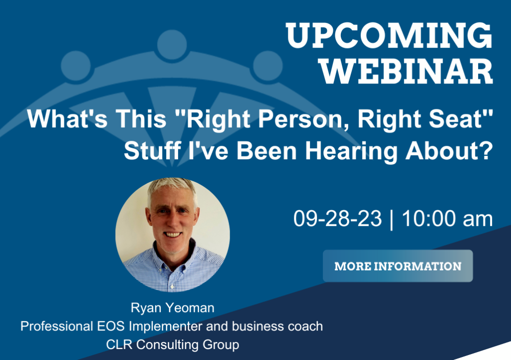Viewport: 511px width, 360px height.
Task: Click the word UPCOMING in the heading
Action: pyautogui.click(x=389, y=35)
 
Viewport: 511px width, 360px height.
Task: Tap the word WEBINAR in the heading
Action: pyautogui.click(x=406, y=71)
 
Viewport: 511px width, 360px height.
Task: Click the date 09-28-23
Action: pyautogui.click(x=337, y=218)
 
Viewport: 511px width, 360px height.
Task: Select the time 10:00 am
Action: pyautogui.click(x=447, y=218)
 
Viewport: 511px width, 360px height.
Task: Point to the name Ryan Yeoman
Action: pyautogui.click(x=172, y=308)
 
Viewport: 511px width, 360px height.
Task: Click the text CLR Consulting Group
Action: pyautogui.click(x=172, y=345)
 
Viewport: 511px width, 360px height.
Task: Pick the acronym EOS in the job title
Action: pyautogui.click(x=110, y=326)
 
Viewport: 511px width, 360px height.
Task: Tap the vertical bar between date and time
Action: pyautogui.click(x=391, y=219)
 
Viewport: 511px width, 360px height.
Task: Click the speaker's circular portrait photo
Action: pyautogui.click(x=172, y=235)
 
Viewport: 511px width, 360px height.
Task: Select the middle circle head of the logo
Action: pyautogui.click(x=172, y=44)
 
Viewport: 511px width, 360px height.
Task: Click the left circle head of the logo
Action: pyautogui.click(x=76, y=65)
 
